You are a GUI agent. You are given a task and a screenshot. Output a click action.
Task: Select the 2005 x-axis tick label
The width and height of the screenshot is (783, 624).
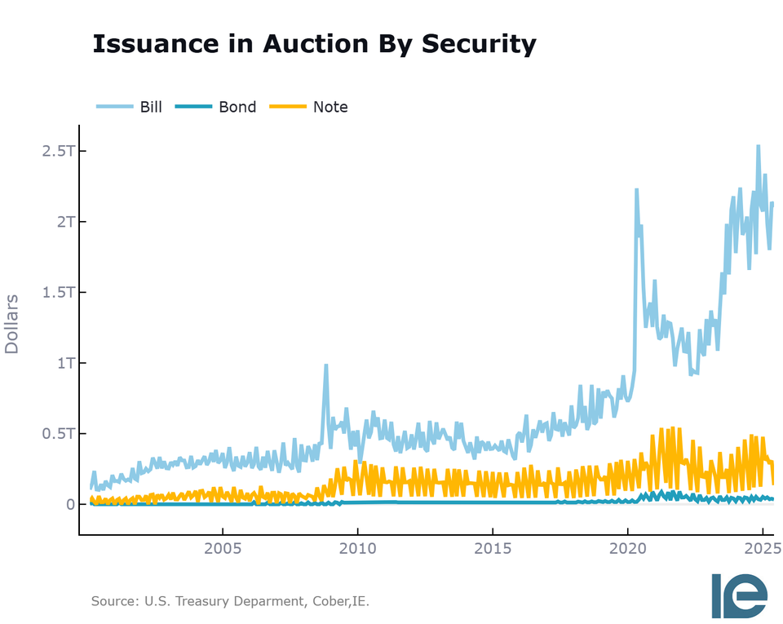pyautogui.click(x=223, y=547)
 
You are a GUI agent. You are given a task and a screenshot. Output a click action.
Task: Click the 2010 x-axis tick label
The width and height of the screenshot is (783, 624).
pyautogui.click(x=357, y=547)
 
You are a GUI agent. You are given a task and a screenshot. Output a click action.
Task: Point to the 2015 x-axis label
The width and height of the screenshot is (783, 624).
pyautogui.click(x=493, y=547)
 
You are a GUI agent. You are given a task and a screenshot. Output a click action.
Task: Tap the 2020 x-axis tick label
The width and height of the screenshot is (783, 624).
pyautogui.click(x=627, y=547)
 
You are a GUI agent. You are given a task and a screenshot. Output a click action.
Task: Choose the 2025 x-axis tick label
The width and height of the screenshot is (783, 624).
pyautogui.click(x=761, y=547)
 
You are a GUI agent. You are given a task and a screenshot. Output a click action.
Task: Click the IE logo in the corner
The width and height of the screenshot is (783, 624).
pyautogui.click(x=739, y=595)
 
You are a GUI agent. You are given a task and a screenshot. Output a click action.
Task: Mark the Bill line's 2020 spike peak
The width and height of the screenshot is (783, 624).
pyautogui.click(x=636, y=190)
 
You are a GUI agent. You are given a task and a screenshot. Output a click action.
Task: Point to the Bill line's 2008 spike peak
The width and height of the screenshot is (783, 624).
pyautogui.click(x=325, y=365)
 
